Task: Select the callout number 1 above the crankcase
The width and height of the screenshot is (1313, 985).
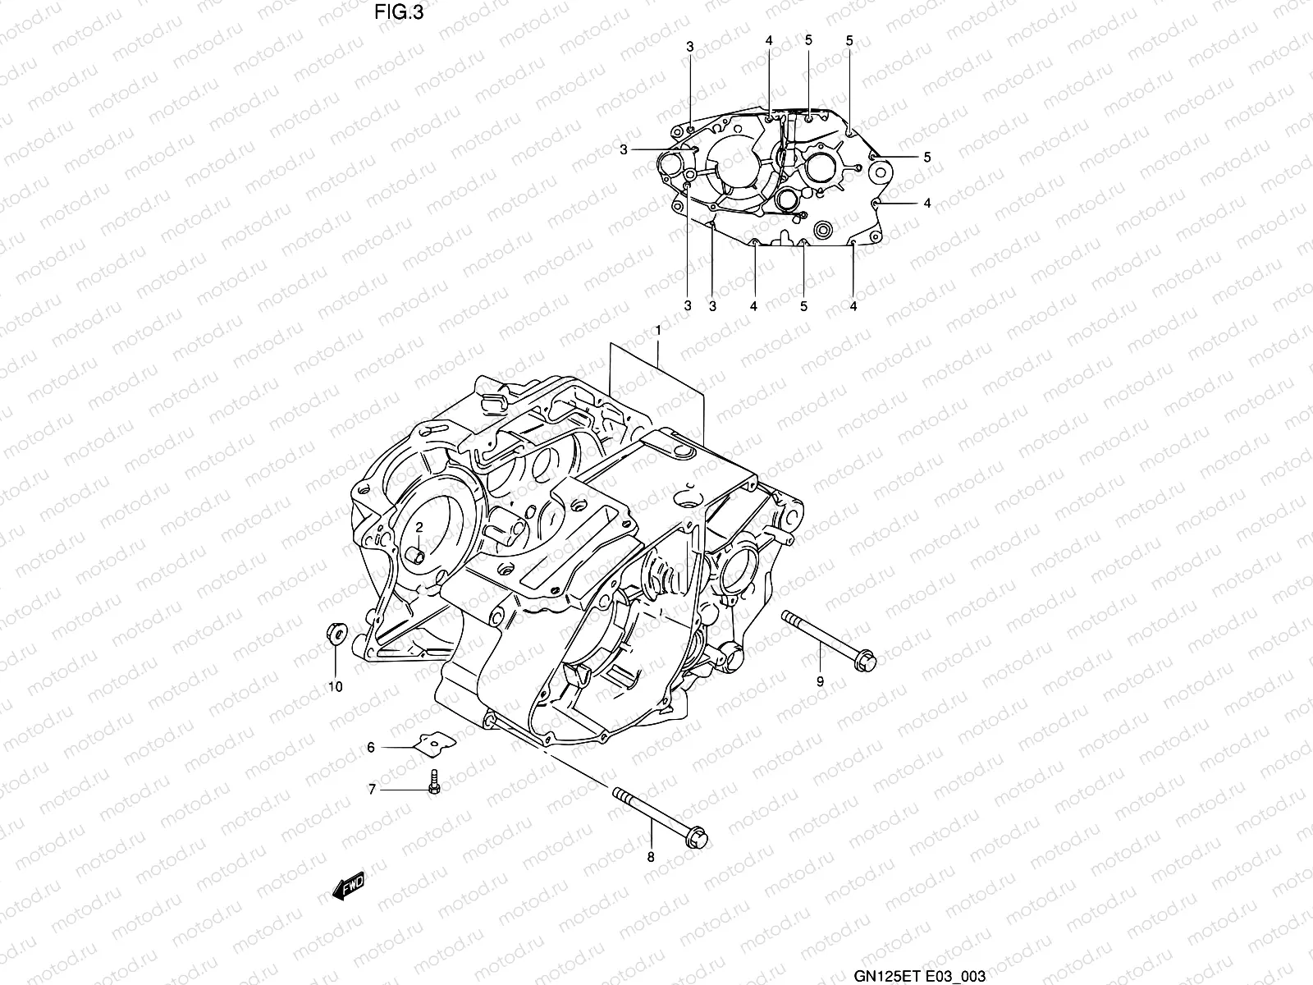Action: [657, 330]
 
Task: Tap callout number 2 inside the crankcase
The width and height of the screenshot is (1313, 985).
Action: [418, 527]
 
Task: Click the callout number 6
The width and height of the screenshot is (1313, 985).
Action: [371, 748]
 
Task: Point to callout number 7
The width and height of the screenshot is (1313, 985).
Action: [371, 790]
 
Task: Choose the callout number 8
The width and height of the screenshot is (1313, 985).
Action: [651, 858]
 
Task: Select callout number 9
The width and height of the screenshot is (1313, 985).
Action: [819, 680]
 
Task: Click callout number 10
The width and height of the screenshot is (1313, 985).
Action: [336, 686]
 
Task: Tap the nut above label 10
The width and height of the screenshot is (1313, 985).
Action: [335, 633]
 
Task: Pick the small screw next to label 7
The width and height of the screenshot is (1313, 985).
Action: [434, 781]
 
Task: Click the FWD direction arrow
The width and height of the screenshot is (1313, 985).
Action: [348, 888]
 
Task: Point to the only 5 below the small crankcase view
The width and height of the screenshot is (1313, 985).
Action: [803, 306]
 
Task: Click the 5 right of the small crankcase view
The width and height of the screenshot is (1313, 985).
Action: [927, 157]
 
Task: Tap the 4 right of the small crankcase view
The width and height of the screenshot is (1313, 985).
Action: [927, 202]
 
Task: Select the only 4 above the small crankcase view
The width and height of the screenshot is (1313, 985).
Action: [769, 40]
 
